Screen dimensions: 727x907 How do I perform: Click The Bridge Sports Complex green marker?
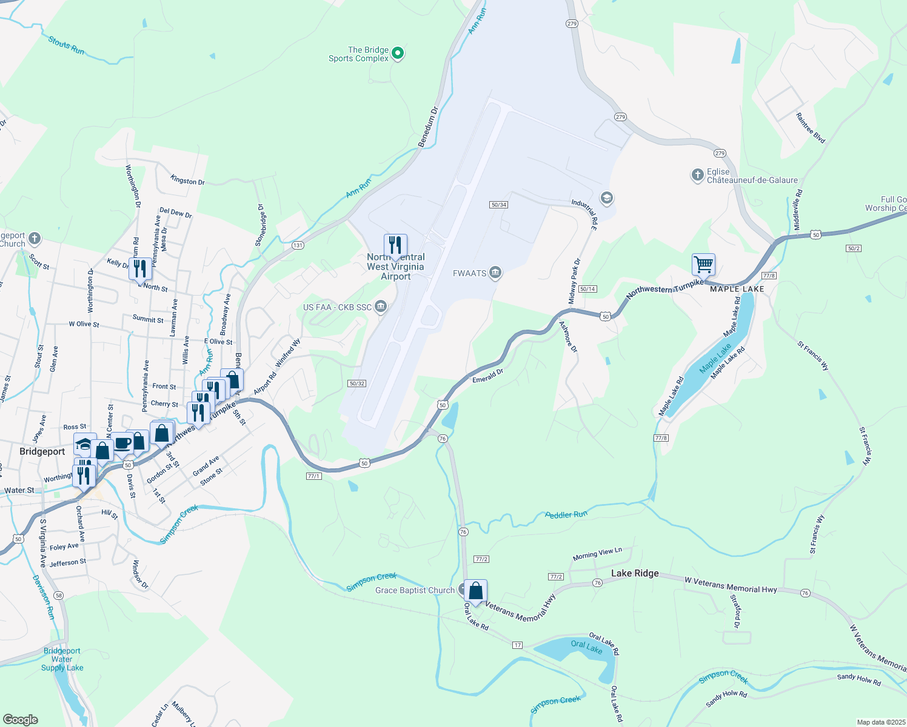tap(398, 54)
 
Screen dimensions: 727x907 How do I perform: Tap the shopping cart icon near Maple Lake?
tap(703, 264)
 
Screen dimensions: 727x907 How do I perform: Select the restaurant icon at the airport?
tap(395, 245)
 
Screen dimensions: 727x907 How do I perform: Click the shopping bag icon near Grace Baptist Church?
tap(476, 591)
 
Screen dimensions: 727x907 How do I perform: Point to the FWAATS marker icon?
tap(495, 273)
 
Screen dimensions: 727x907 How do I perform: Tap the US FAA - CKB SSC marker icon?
tap(381, 307)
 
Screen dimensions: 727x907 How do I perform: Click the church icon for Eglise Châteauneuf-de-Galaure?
tap(697, 176)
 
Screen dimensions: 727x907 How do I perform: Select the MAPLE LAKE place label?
tap(737, 289)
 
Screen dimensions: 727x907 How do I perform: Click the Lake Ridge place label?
tap(635, 573)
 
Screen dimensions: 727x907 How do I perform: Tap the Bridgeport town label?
tap(42, 451)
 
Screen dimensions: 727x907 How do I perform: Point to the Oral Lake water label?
tap(586, 647)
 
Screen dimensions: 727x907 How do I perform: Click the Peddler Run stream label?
tap(566, 515)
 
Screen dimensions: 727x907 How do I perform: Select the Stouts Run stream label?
tap(66, 45)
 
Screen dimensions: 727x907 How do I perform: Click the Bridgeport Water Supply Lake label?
tap(62, 659)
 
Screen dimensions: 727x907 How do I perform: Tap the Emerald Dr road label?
tap(488, 376)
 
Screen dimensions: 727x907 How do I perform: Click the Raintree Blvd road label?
tap(811, 128)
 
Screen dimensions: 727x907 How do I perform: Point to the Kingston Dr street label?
tap(187, 180)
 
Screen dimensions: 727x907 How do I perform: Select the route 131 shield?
tap(298, 245)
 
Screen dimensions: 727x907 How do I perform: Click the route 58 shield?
tap(58, 596)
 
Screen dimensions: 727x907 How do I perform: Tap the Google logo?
tap(21, 719)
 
